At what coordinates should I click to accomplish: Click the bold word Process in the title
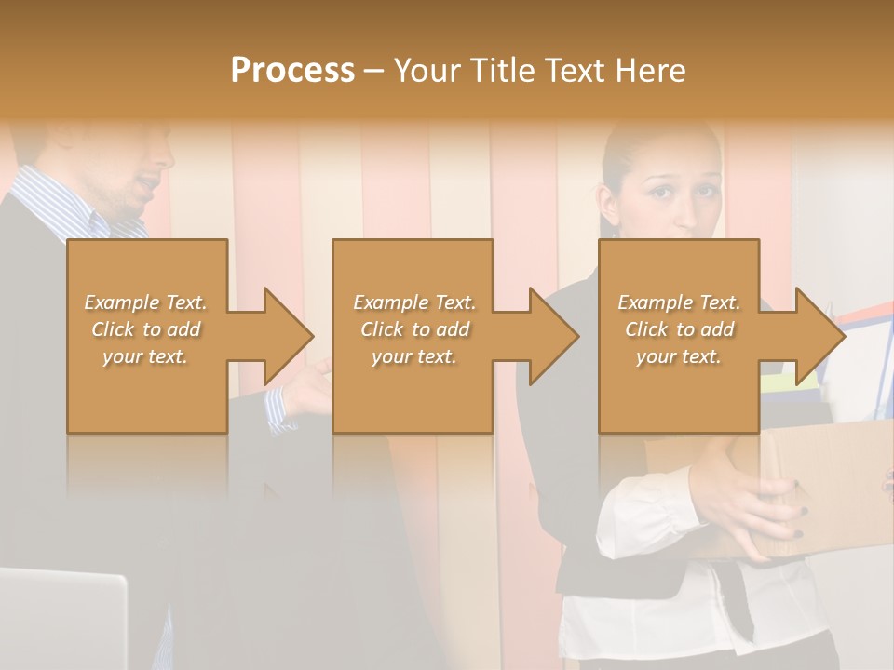(x=292, y=70)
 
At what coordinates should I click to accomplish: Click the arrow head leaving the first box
(x=289, y=336)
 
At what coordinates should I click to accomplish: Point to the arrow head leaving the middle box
(x=554, y=336)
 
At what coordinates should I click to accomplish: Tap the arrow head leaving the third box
(x=819, y=336)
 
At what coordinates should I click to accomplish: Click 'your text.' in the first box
(x=145, y=356)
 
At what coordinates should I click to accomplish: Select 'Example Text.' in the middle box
(x=414, y=302)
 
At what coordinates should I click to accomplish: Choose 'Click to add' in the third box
(x=679, y=329)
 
